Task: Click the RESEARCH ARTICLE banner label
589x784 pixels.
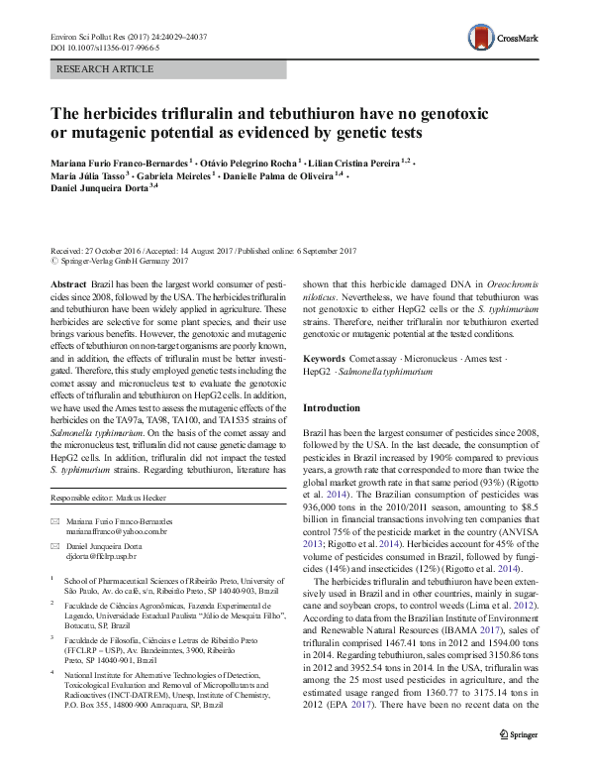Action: [x=107, y=69]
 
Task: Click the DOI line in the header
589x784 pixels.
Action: [x=86, y=48]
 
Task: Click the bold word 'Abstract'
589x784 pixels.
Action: [x=68, y=283]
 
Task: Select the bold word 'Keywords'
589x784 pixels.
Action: [x=325, y=357]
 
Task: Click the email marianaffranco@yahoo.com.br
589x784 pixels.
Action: [x=117, y=532]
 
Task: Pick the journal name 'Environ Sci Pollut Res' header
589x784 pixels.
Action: [x=84, y=37]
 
